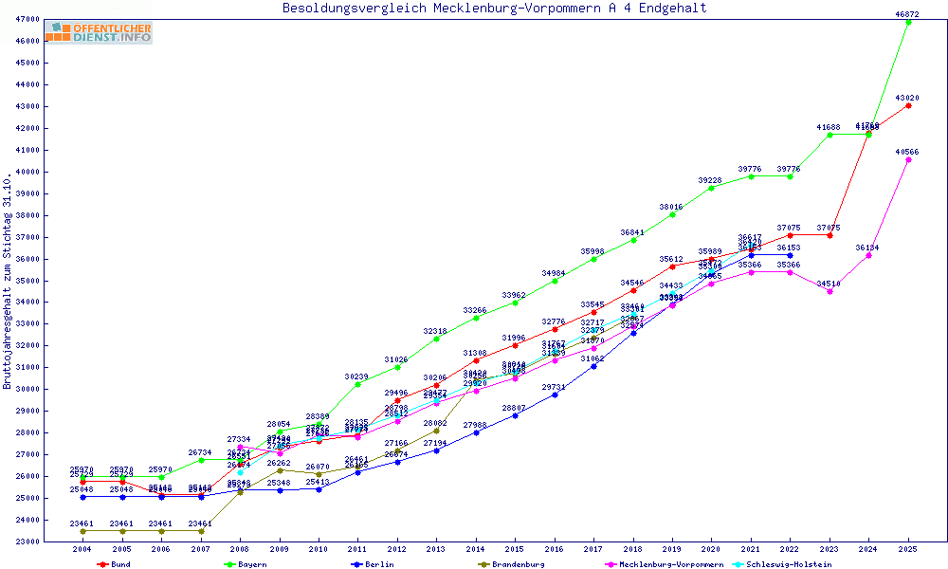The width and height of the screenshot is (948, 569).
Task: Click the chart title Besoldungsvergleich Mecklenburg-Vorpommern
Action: click(494, 9)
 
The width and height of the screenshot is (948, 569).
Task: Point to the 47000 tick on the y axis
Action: click(27, 19)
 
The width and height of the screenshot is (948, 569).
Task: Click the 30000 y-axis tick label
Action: click(27, 389)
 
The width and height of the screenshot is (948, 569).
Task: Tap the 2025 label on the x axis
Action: click(908, 550)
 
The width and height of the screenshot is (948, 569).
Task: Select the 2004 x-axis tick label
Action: click(82, 550)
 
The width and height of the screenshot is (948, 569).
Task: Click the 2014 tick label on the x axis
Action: click(476, 550)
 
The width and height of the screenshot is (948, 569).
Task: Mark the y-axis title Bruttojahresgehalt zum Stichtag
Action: click(9, 281)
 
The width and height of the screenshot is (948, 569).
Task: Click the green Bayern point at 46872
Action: click(908, 22)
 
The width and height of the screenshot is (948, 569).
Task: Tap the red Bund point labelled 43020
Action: click(908, 105)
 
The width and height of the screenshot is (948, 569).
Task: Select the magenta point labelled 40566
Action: click(908, 159)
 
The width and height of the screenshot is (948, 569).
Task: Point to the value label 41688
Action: click(829, 127)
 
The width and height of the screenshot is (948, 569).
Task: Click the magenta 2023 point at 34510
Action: click(829, 291)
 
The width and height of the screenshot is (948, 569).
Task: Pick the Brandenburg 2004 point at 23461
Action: click(82, 531)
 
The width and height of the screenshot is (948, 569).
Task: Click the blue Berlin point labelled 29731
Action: click(555, 395)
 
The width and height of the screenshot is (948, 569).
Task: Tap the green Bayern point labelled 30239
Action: click(357, 384)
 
